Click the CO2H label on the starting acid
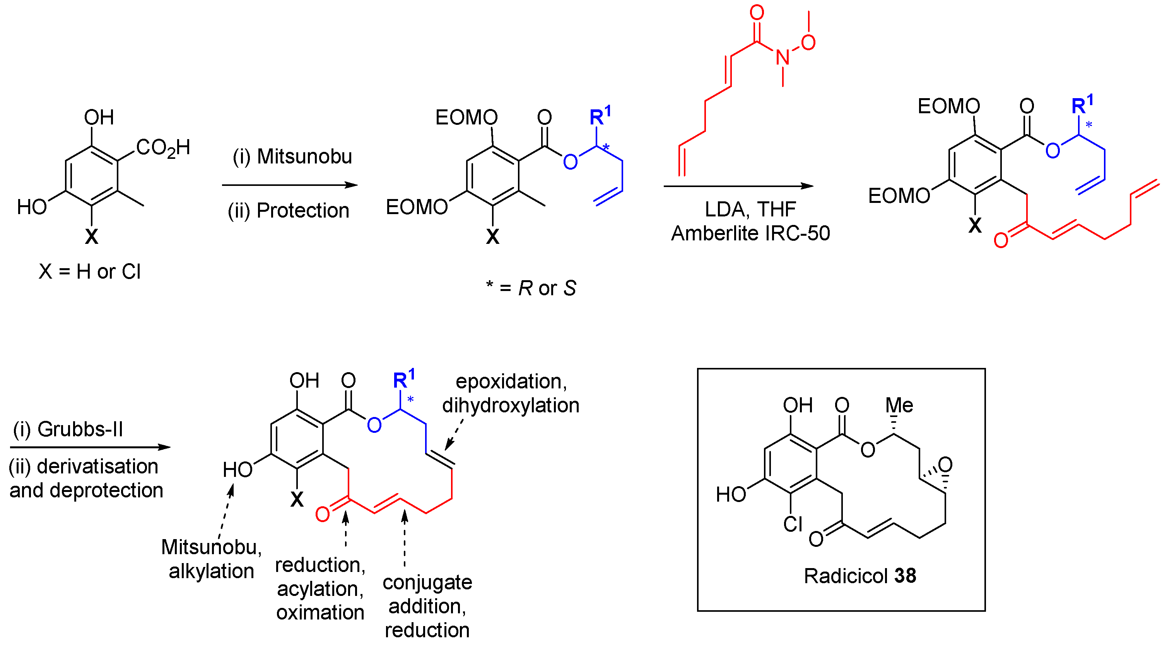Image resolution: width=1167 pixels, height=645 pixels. tap(163, 148)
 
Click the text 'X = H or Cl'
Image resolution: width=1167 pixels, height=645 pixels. tap(90, 272)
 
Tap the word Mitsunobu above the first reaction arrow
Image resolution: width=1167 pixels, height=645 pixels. tap(304, 157)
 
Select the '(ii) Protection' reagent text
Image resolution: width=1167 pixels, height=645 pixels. tap(289, 211)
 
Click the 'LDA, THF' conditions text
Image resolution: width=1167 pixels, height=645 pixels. tap(750, 209)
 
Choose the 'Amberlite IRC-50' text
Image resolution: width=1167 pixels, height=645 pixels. tap(750, 233)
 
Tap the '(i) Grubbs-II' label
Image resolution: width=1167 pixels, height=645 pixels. tap(68, 429)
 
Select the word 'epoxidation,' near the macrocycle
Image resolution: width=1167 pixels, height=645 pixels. tap(511, 381)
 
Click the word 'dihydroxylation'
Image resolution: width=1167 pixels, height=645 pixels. tap(511, 405)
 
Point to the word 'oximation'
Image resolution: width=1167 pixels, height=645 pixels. tap(320, 613)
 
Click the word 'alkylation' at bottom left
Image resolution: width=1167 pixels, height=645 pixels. tap(211, 571)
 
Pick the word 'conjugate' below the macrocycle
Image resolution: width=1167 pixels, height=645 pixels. tap(427, 582)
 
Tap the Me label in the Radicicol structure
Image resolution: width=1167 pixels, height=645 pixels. tap(899, 405)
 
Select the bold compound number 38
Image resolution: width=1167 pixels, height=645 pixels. tap(905, 576)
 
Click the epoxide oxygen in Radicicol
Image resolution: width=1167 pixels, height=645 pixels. tap(945, 465)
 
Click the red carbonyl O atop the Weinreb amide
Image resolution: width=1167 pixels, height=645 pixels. tap(757, 13)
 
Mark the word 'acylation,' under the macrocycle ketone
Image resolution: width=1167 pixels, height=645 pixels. tap(320, 589)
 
